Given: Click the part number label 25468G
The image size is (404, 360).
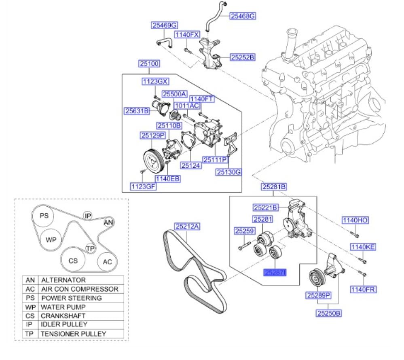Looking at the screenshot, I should click(243, 16).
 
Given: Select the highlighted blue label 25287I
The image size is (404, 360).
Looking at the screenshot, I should click(275, 273).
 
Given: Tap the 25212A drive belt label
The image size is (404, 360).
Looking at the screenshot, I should click(187, 227).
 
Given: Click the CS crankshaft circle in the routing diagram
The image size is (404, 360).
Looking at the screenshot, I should click(73, 261).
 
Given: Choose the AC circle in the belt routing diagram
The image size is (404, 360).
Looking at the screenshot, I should click(107, 262).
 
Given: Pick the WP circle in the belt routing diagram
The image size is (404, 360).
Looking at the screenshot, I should click(51, 239).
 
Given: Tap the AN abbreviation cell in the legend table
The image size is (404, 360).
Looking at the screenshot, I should click(30, 280).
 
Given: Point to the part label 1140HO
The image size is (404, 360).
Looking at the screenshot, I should click(355, 220).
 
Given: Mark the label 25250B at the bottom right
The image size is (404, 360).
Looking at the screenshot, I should click(329, 313).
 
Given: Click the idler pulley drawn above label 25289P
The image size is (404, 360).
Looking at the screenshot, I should click(316, 278).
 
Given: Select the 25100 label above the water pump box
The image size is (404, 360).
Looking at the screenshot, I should click(149, 64).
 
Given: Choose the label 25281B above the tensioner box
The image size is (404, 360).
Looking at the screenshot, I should click(274, 187).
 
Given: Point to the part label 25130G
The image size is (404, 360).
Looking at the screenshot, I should click(228, 172).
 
